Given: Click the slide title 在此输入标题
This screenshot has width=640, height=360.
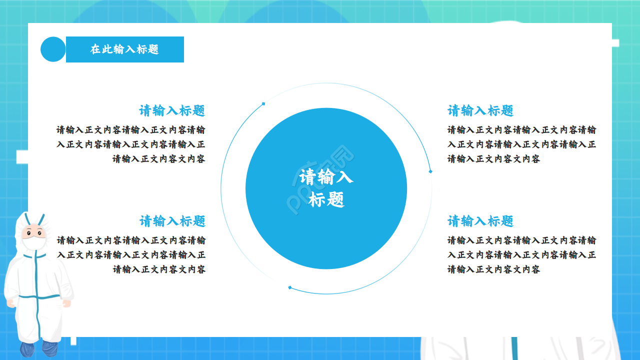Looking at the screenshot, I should (x=124, y=49).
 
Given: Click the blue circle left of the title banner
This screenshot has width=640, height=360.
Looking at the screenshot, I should (x=53, y=49).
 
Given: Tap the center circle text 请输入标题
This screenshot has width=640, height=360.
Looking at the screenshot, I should (x=326, y=188).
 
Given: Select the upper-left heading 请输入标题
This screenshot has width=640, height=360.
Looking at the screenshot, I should (x=172, y=110).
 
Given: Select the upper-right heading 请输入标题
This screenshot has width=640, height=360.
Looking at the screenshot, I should (x=480, y=110).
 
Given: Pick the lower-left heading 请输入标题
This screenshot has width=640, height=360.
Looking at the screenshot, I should (x=172, y=221).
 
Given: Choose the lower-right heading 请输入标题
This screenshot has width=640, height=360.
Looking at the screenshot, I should (x=480, y=221).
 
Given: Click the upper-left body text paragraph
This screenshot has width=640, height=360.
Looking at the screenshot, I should (x=131, y=144).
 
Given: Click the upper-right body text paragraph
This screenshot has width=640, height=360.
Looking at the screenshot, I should (x=521, y=144).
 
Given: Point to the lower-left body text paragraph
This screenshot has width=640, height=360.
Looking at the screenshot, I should (x=131, y=255).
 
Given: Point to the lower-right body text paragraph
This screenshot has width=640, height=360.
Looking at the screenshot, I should (x=521, y=255).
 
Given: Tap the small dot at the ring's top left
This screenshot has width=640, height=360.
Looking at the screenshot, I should (x=263, y=104).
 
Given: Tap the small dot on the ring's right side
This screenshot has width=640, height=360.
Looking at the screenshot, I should (x=430, y=171).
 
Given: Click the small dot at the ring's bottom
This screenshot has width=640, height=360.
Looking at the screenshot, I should (x=289, y=287).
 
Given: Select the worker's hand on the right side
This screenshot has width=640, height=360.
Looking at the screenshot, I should (x=66, y=303).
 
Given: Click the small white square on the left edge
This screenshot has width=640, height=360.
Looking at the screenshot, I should (x=22, y=157).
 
